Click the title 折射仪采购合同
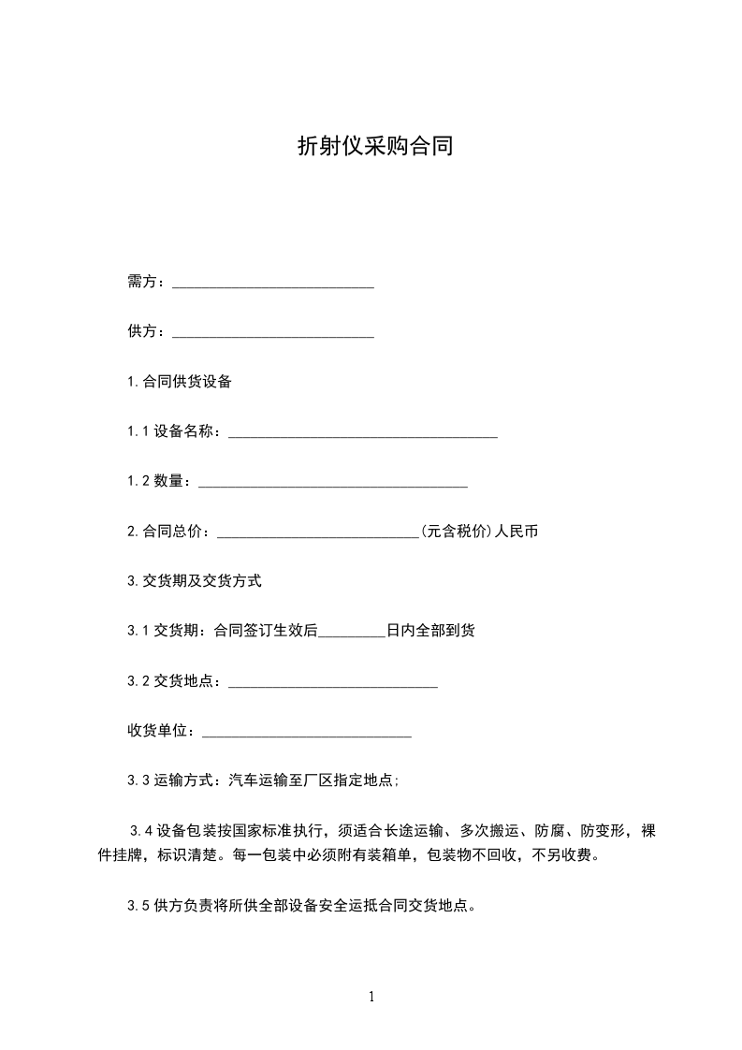[374, 146]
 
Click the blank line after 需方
[273, 283]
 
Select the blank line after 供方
[273, 332]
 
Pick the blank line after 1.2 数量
[333, 482]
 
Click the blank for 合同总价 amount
[318, 532]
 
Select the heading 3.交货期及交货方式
[195, 581]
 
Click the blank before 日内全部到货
[352, 632]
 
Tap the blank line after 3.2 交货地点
[333, 682]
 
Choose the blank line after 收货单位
[307, 732]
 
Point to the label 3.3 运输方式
[169, 780]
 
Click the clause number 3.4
[142, 830]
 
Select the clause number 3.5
[138, 905]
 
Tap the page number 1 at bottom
[371, 997]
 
